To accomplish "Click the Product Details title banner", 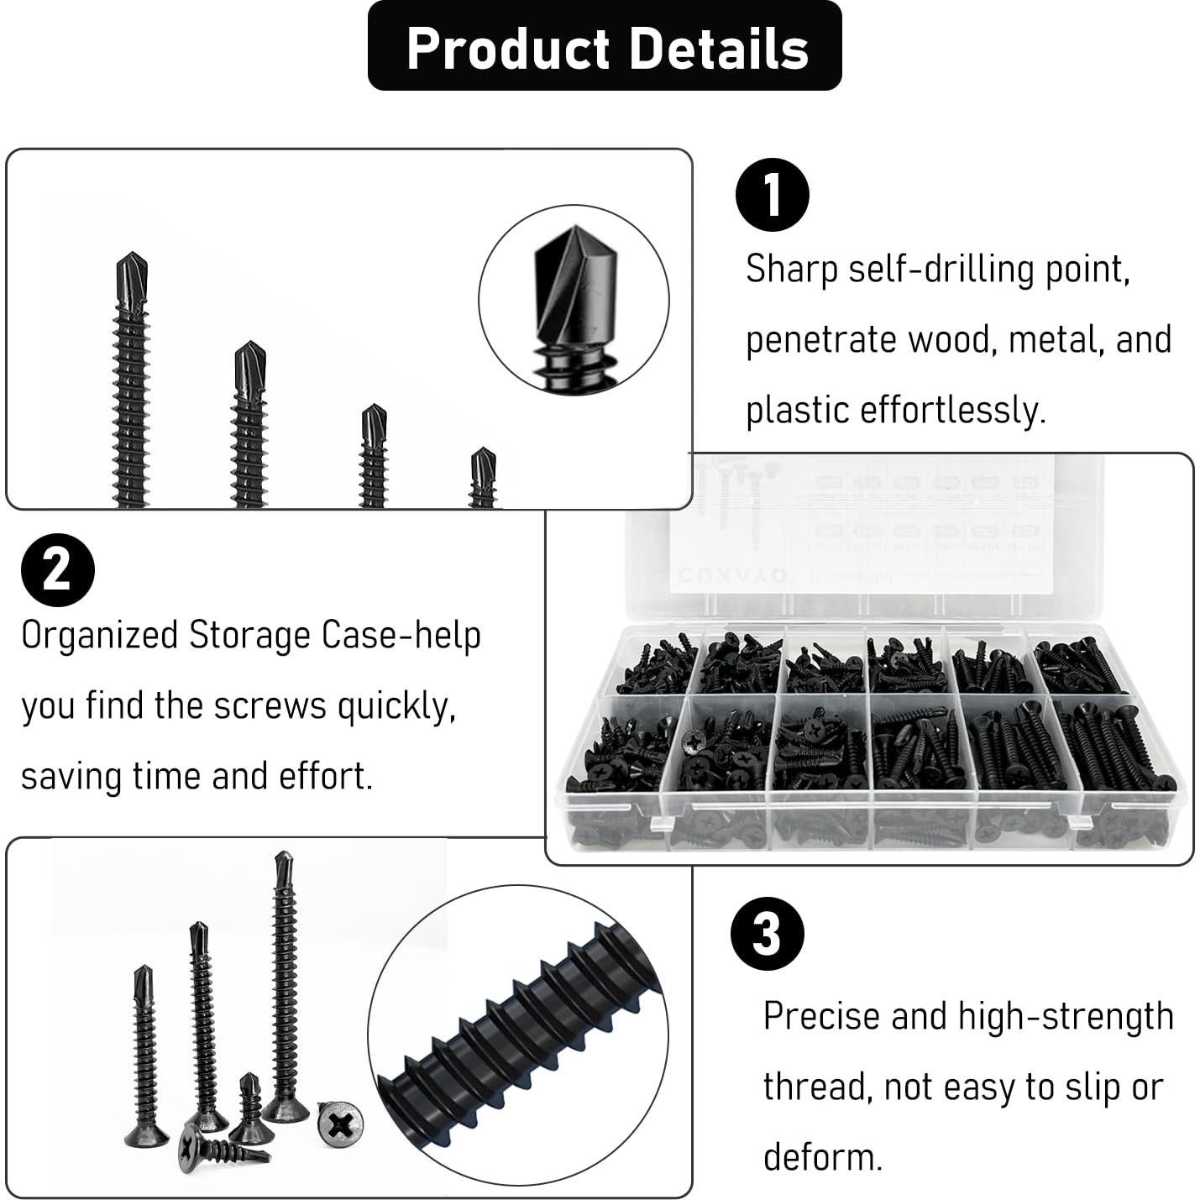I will pyautogui.click(x=605, y=46).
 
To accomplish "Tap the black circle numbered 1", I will pyautogui.click(x=772, y=195).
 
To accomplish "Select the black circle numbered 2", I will pyautogui.click(x=57, y=570).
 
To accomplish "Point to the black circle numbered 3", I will pyautogui.click(x=767, y=934).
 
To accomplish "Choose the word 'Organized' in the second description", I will pyautogui.click(x=99, y=636).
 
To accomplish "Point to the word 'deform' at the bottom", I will pyautogui.click(x=821, y=1157).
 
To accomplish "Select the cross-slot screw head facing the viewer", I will pyautogui.click(x=340, y=1124).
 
